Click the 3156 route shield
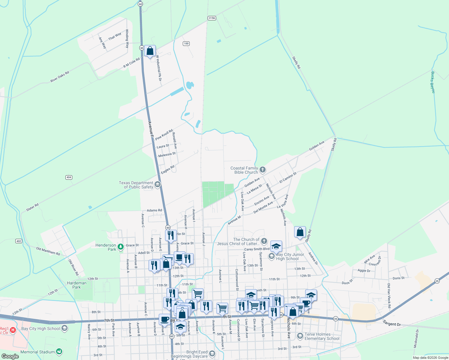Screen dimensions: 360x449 (212, 18)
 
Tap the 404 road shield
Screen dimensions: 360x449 (69, 177)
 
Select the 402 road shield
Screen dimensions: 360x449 (19, 241)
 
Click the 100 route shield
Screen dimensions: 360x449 (186, 43)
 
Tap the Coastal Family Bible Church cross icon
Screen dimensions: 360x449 (263, 170)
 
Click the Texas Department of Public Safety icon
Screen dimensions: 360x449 (158, 184)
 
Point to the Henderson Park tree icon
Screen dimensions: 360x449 (121, 247)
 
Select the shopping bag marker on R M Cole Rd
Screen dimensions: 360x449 (150, 51)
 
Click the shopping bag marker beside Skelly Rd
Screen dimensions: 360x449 (300, 232)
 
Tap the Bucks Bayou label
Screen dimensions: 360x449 (433, 82)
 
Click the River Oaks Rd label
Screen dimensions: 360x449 (60, 77)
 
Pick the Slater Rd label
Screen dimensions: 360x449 (32, 207)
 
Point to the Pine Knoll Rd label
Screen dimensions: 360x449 (164, 135)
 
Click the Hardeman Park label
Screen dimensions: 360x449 (77, 285)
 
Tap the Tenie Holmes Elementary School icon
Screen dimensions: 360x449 (300, 336)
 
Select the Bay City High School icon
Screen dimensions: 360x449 (65, 328)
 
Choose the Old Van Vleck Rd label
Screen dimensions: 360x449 (389, 295)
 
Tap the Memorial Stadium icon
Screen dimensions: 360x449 (59, 352)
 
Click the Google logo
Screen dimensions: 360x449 (10, 356)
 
